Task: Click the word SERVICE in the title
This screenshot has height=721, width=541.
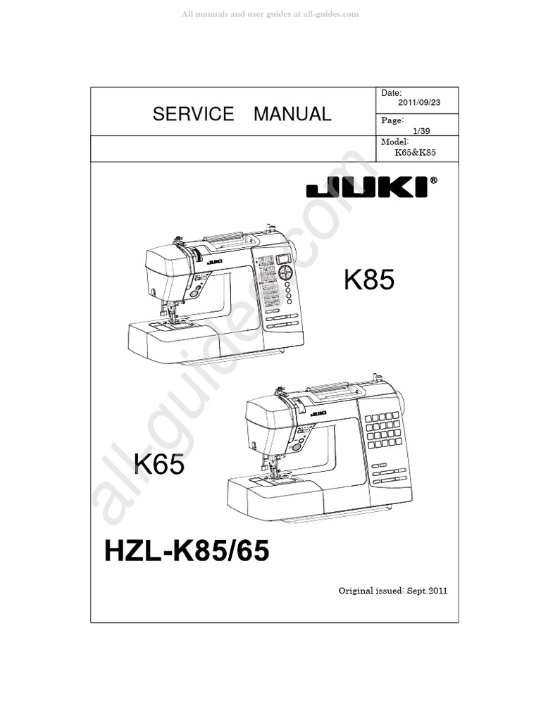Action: point(193,114)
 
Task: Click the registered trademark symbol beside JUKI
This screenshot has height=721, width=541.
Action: point(433,180)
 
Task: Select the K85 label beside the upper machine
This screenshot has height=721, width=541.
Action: point(369,282)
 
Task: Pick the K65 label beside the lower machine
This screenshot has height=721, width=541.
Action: point(159,465)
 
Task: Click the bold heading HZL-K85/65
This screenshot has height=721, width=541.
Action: point(187,551)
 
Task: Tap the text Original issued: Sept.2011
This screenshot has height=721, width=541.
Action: point(393,590)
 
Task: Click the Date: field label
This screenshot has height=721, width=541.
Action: point(391,93)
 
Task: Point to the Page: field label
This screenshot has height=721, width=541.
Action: point(392,121)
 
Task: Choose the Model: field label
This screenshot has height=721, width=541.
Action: point(394,142)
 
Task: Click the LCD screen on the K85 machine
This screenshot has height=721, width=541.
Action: point(284,258)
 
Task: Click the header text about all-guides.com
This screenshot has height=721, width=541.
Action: point(270,14)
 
